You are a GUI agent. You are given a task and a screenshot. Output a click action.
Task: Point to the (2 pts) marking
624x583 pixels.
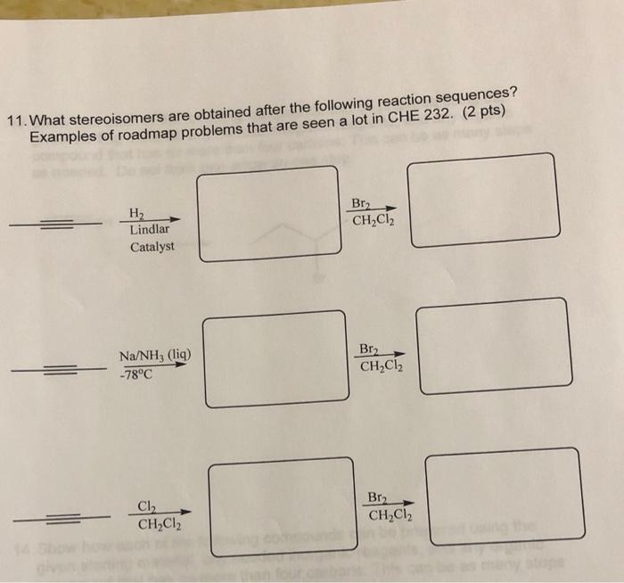491,109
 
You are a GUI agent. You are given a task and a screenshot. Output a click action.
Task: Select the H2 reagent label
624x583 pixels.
137,213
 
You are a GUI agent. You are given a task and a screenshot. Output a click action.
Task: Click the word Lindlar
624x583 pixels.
150,229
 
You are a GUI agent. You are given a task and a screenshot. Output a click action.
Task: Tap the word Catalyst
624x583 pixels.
152,246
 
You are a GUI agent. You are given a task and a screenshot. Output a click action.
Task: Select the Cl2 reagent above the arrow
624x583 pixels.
146,506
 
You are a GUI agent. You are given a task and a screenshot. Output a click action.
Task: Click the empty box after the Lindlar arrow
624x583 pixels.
267,214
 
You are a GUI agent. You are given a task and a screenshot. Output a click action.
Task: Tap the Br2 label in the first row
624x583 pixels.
363,204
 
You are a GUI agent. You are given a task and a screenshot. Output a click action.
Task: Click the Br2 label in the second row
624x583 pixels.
370,349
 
